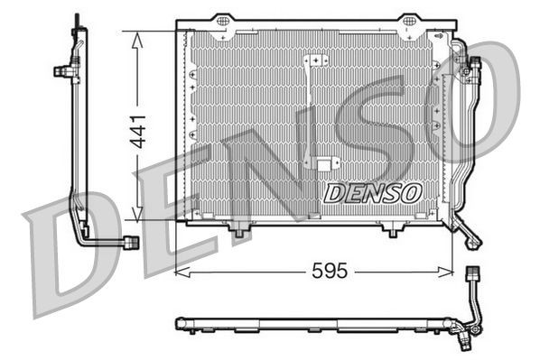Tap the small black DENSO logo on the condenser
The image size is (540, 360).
[372, 191]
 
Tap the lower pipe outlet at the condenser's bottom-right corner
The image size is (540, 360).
[474, 239]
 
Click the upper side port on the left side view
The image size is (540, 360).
[62, 70]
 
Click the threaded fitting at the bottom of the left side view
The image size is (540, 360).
[131, 243]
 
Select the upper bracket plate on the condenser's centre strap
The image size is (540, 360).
[315, 60]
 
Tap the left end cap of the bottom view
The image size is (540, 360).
[178, 323]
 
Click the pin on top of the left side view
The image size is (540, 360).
[76, 19]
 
